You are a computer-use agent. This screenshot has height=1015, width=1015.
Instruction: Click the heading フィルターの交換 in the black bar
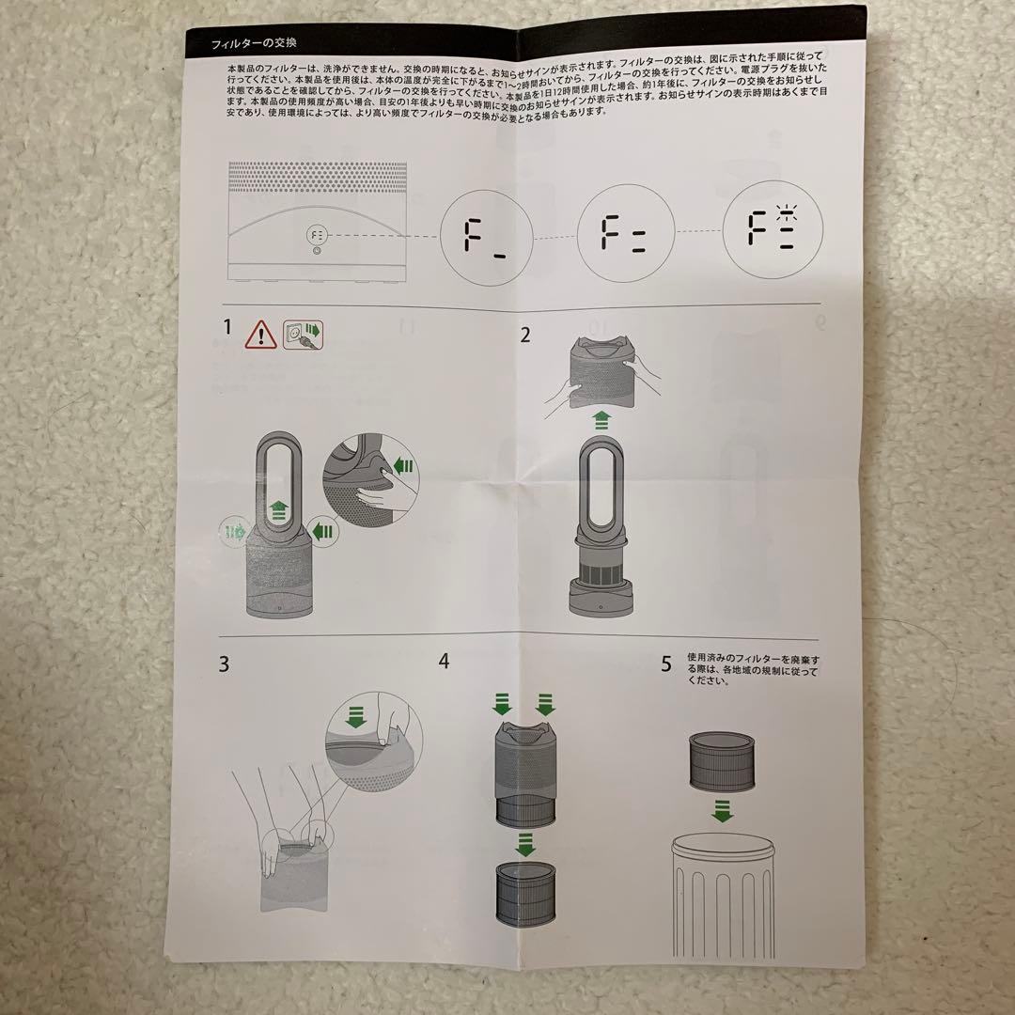point(242,43)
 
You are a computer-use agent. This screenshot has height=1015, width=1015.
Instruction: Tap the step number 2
point(525,335)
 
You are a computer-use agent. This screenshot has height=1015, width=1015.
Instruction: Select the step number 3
point(224,664)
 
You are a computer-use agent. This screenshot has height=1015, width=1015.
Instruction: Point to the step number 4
point(444,661)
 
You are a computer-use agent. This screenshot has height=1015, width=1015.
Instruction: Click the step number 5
point(666,664)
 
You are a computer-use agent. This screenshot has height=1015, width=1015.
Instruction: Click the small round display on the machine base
point(317,234)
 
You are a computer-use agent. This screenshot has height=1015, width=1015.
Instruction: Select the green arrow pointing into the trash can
point(722,811)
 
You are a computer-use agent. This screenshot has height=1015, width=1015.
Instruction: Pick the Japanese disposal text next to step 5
point(753,669)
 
